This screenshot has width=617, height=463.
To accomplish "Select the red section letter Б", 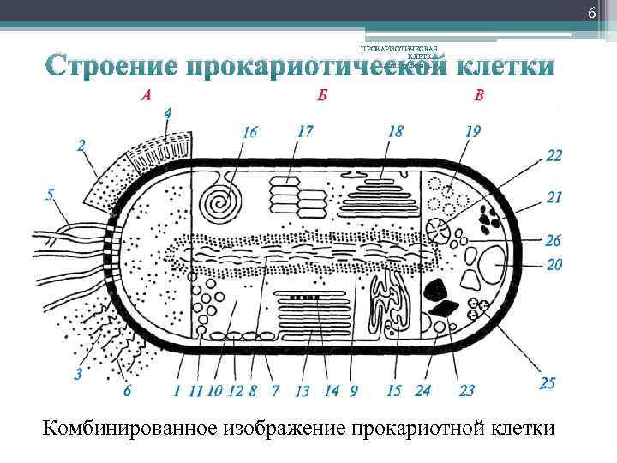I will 321,95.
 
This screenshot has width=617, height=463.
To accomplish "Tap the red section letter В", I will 478,95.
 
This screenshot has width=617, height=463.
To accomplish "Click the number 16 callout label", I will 249,132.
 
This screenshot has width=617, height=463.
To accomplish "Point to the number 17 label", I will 304,131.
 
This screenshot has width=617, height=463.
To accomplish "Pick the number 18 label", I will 395,131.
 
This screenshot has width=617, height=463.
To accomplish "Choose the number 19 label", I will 474,131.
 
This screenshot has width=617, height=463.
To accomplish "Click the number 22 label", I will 554,155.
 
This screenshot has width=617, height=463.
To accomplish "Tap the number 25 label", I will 548,382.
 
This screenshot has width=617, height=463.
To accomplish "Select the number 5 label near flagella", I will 51,195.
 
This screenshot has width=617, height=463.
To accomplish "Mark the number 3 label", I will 79,373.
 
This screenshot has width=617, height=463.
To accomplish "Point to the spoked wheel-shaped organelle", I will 441,230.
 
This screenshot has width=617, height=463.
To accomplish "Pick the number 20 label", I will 554,265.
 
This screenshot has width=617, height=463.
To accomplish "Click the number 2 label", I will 81,147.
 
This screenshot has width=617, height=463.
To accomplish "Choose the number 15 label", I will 394,390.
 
